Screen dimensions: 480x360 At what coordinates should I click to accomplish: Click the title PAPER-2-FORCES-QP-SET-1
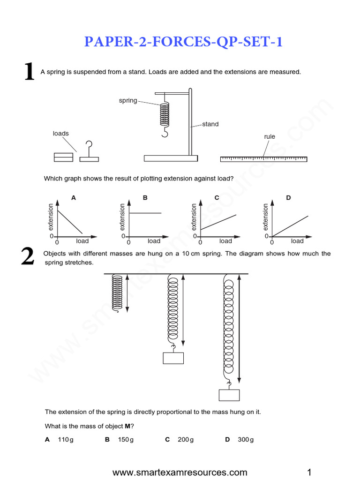tap(183, 42)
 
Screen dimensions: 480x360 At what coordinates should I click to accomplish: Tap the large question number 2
tap(28, 257)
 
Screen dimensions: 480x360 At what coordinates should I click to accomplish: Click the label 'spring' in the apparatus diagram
tap(128, 100)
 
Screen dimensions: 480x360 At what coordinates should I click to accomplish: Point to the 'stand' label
tap(210, 124)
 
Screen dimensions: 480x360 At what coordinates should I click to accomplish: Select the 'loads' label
tap(60, 134)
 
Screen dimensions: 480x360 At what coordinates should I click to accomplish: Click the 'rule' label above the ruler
tap(270, 137)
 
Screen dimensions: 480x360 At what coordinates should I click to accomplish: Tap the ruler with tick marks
tap(263, 159)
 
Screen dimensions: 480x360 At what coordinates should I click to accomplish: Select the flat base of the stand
tap(172, 158)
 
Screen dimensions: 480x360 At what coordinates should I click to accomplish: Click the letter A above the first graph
tap(73, 198)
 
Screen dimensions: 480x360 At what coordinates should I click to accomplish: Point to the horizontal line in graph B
tap(145, 213)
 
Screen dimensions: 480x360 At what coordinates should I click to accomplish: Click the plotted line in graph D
tap(291, 226)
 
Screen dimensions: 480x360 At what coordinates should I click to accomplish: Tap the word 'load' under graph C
tap(225, 241)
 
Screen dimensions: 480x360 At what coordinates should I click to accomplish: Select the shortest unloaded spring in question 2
tap(117, 289)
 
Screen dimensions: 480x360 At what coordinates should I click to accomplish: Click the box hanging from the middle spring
tap(173, 358)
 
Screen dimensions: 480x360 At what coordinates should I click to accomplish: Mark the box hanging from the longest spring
tap(229, 395)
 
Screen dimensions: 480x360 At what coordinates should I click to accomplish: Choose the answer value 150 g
tap(125, 440)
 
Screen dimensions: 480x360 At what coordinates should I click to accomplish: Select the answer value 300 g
tap(245, 440)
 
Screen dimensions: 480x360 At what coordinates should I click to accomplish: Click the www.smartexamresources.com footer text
tap(180, 472)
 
